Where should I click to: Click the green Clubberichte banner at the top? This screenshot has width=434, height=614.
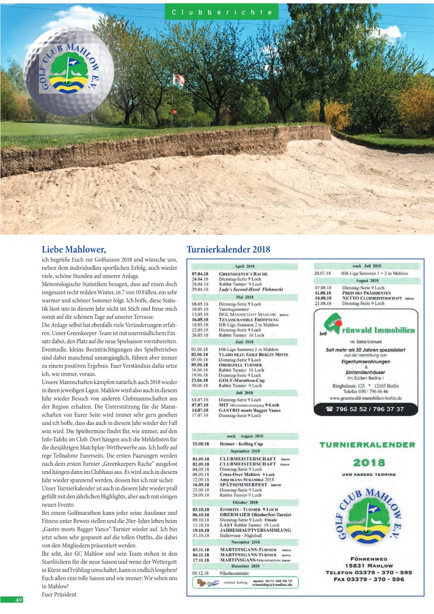(221, 12)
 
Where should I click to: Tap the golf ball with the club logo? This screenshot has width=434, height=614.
(69, 71)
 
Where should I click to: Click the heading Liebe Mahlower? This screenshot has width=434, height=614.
(73, 250)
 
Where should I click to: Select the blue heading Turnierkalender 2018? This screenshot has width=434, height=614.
(228, 250)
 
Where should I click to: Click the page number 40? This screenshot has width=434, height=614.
(18, 600)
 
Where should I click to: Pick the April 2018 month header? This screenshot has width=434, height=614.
(245, 266)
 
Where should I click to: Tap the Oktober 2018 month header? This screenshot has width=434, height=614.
(245, 502)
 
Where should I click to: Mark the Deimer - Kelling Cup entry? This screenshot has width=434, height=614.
(241, 443)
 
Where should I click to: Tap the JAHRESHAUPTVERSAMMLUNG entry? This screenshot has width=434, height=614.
(255, 530)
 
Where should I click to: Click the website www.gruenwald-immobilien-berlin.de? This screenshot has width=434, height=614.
(365, 398)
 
